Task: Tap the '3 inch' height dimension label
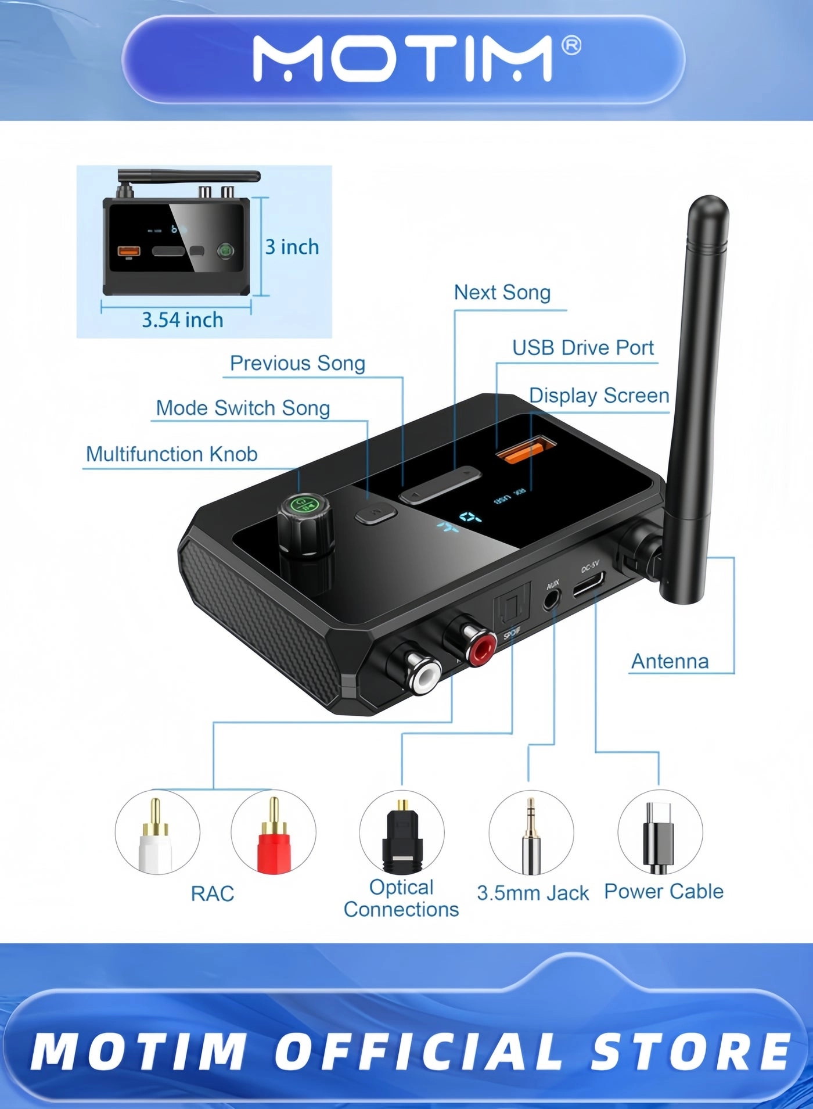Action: (292, 247)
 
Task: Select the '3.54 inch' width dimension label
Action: (182, 320)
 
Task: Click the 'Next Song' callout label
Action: (502, 292)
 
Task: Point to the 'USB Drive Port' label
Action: (582, 347)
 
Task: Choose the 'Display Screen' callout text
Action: (599, 395)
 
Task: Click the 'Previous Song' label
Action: (297, 363)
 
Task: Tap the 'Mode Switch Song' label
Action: (243, 408)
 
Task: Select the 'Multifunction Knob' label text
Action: (171, 454)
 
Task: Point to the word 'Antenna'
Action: (670, 661)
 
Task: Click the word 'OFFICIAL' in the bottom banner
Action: (418, 1051)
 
